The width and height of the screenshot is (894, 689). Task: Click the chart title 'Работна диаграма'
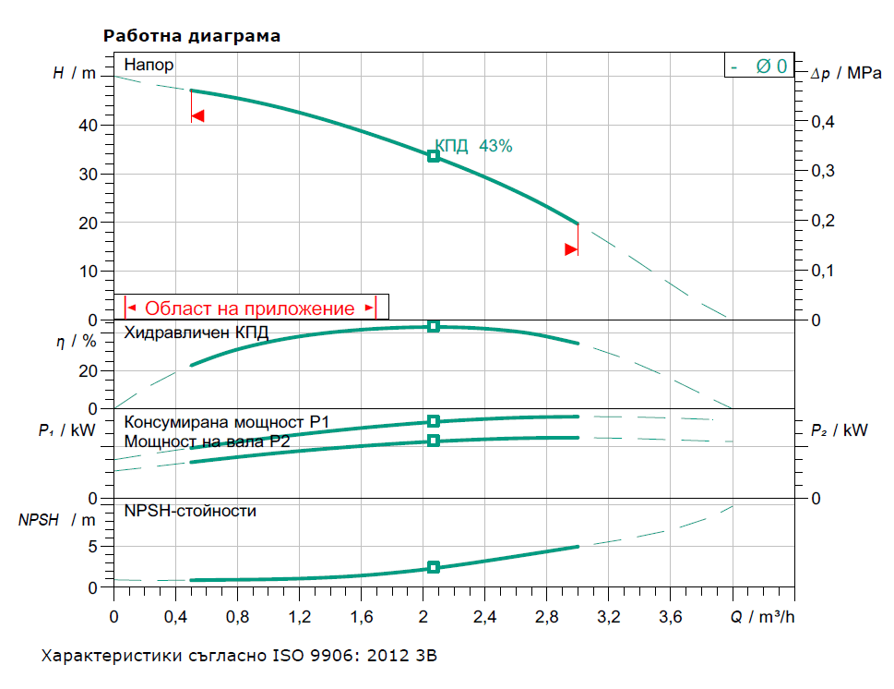(192, 36)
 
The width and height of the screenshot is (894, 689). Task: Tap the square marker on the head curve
(434, 156)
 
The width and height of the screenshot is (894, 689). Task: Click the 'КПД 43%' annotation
(473, 146)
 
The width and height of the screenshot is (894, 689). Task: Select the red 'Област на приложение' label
(250, 308)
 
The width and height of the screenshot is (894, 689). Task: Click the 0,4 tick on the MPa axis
(823, 122)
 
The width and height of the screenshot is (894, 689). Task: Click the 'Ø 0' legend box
(758, 66)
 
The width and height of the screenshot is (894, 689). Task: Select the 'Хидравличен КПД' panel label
(196, 332)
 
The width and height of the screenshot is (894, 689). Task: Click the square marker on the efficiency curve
(434, 326)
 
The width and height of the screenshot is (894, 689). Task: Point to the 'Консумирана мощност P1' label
(227, 422)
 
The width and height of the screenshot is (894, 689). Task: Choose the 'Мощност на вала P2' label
(208, 441)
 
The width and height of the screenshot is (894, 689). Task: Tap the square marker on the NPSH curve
(434, 567)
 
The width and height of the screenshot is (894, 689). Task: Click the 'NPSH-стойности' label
(190, 510)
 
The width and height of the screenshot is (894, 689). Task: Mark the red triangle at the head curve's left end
(197, 116)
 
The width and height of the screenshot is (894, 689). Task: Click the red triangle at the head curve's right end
(571, 248)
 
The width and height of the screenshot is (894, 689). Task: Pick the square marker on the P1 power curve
(434, 421)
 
